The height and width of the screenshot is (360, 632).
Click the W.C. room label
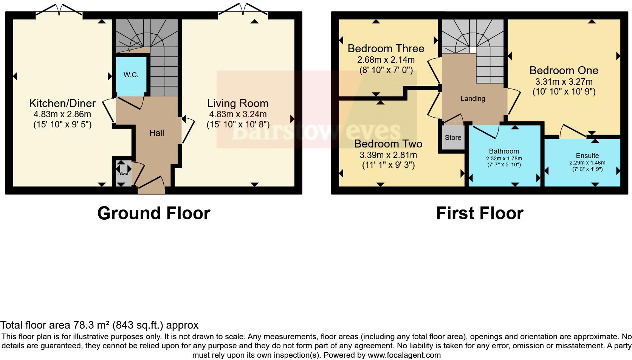131,75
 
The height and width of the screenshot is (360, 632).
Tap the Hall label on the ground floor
156,133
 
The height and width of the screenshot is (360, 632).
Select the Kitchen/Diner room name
62,103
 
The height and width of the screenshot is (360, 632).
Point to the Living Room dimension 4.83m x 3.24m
238,114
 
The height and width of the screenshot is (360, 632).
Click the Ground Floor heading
153,213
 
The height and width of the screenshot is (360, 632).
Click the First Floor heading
479,213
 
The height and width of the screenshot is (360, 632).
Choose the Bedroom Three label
386,49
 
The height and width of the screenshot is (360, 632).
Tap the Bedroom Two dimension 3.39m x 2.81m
388,155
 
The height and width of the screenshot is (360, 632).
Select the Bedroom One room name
564,71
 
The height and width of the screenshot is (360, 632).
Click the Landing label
472,99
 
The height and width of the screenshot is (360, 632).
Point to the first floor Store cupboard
453,138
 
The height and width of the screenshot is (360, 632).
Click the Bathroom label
504,151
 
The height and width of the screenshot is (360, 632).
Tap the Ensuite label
587,156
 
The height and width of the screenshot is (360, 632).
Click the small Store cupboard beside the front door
124,174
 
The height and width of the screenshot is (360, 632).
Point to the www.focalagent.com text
404,355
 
